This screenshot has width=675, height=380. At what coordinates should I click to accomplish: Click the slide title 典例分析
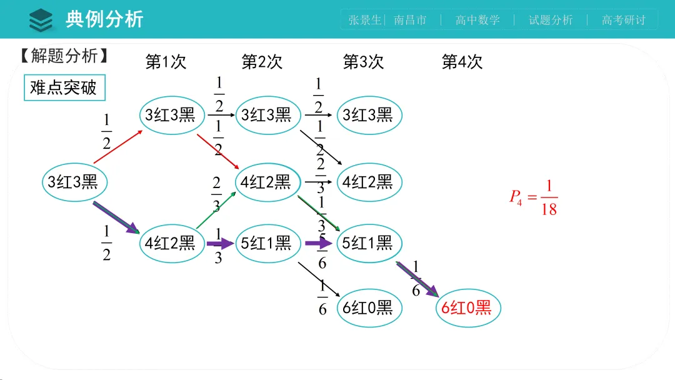(104, 19)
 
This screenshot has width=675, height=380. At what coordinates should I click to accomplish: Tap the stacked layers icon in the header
(41, 19)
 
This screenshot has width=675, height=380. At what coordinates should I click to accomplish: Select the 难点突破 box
(64, 87)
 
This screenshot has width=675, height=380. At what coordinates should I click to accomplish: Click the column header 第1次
(166, 62)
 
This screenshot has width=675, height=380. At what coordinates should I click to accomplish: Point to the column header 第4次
(462, 62)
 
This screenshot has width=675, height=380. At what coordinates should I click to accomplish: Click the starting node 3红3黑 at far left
(73, 182)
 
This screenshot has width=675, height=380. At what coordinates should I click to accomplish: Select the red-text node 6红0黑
(467, 307)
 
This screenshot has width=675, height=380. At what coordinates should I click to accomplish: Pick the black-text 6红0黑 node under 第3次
(367, 307)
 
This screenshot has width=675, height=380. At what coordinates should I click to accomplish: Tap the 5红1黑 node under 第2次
(266, 243)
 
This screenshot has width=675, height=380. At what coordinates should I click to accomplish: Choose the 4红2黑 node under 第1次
(171, 243)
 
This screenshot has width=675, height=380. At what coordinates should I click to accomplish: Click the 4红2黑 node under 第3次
(367, 182)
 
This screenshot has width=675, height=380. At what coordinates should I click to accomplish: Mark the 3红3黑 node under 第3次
(367, 115)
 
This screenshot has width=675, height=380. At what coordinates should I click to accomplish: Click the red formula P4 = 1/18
(534, 197)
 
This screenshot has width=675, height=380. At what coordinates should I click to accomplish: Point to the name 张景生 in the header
(364, 20)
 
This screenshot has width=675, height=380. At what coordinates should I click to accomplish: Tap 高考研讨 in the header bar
(623, 20)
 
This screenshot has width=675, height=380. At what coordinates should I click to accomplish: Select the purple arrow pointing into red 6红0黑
(417, 278)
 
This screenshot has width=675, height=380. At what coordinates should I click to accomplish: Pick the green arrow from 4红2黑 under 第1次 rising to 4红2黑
(216, 211)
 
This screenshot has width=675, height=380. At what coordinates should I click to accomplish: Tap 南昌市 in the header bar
(411, 20)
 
